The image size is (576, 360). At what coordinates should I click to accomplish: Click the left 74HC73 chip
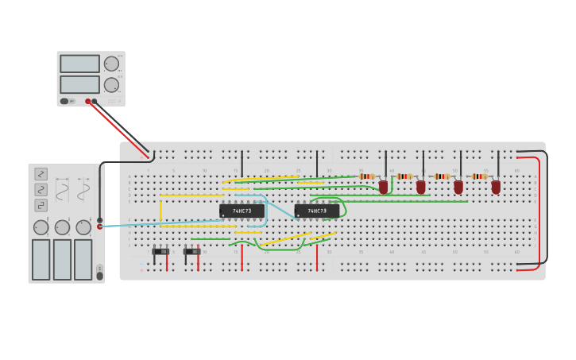coord(242,211)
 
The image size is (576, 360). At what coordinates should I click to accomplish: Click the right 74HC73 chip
coord(317,211)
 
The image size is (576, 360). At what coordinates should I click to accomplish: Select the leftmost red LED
coord(383,187)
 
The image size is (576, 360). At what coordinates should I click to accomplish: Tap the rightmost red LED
coord(496,187)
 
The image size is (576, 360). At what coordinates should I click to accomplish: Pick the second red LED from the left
coord(420,187)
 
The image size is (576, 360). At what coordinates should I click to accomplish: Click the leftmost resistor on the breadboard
coord(366,176)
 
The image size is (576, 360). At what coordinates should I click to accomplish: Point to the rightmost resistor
coord(479,176)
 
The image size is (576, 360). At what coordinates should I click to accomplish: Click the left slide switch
coord(160,252)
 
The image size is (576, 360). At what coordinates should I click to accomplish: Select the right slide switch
coord(191,252)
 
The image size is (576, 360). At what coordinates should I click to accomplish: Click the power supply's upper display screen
coord(79,64)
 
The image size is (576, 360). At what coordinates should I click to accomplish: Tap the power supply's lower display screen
coord(79,84)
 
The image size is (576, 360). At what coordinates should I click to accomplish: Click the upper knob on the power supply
coord(111,64)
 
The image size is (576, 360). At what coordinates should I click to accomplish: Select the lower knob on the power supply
coord(111,84)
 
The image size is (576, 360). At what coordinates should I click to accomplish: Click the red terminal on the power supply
coord(88,101)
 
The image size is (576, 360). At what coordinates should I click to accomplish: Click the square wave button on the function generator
coord(41,205)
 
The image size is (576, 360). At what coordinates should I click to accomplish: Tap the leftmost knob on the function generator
coord(41,227)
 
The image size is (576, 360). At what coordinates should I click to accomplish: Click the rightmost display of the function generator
coord(83,259)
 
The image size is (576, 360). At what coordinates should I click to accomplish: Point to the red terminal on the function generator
coord(99,226)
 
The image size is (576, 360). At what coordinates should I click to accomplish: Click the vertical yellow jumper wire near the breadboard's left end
coord(160,210)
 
